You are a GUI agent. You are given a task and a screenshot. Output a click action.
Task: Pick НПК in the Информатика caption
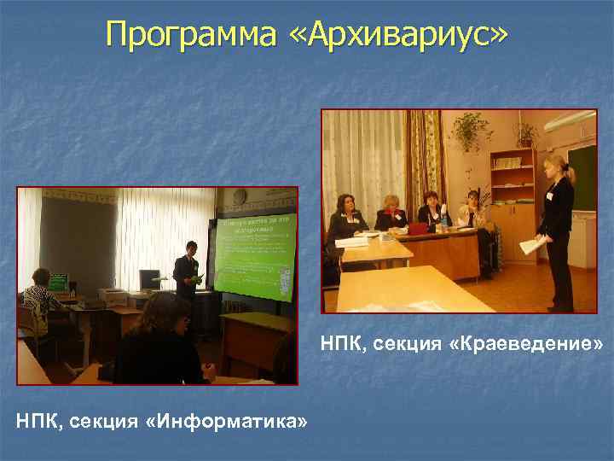pos(38,420)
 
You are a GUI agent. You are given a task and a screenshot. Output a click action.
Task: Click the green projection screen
pos(256,256)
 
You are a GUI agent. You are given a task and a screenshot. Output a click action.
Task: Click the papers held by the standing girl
pos(530,246)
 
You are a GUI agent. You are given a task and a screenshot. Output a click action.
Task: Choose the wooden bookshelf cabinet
pos(512,205)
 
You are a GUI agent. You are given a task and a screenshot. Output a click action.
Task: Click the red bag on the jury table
pos(419,228)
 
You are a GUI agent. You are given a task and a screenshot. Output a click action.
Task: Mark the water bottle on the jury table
pos(444,221)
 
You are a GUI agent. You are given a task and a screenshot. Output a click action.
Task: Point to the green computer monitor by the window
pos(58,281)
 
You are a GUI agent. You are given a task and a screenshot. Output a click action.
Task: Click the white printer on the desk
pos(114,296)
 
